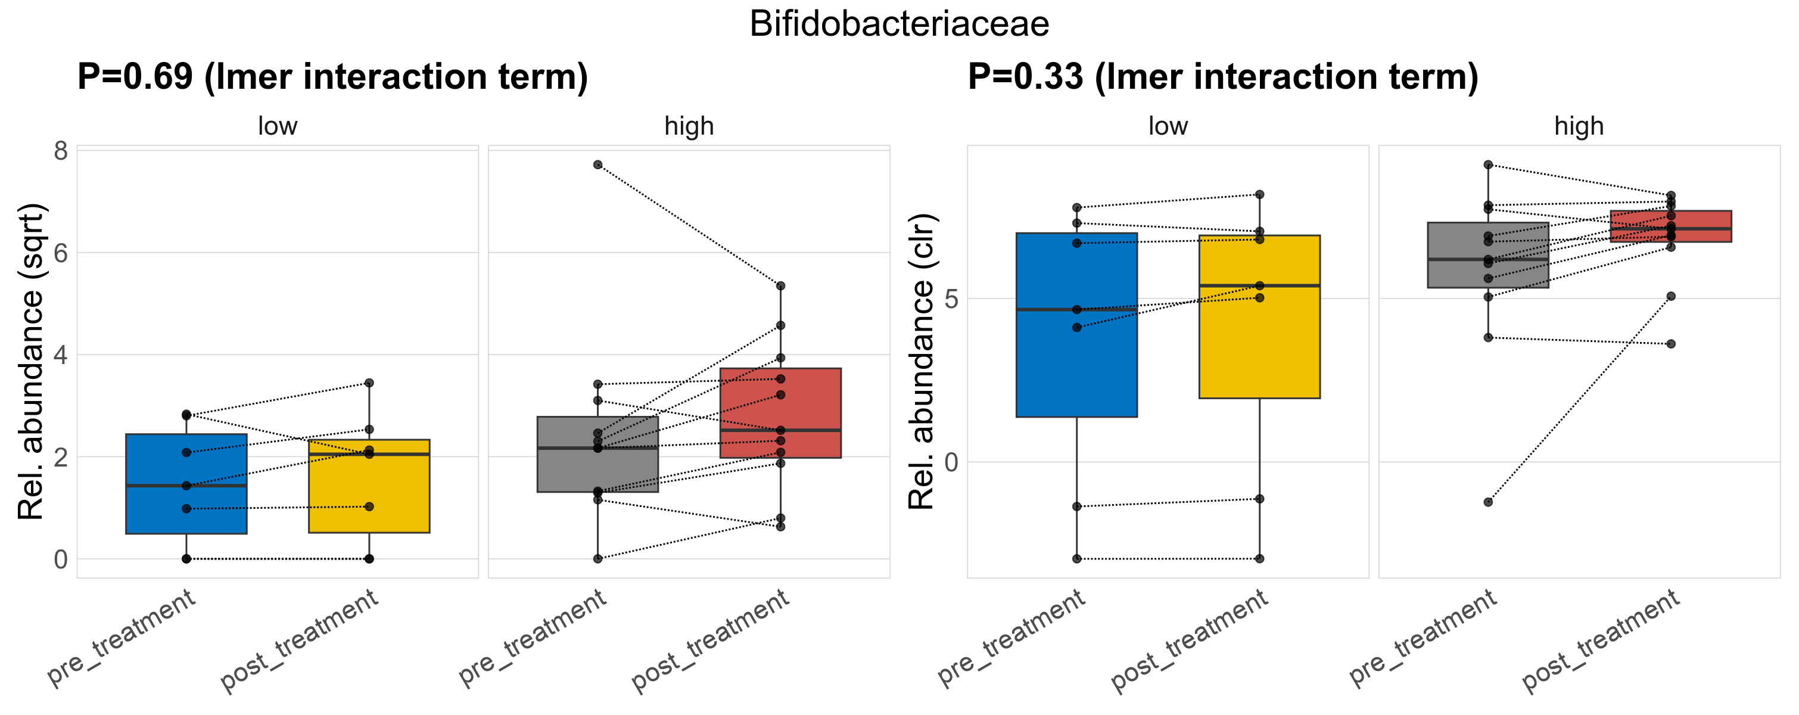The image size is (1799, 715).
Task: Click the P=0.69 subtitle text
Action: (332, 77)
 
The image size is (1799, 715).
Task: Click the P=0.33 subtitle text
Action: (1223, 77)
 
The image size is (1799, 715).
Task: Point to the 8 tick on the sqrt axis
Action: (61, 151)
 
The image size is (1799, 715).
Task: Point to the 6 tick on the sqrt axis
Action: (61, 253)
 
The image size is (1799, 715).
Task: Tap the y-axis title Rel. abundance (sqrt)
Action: (31, 362)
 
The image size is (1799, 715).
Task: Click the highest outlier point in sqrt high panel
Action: (598, 165)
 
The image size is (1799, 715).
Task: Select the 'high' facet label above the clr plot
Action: (1579, 126)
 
